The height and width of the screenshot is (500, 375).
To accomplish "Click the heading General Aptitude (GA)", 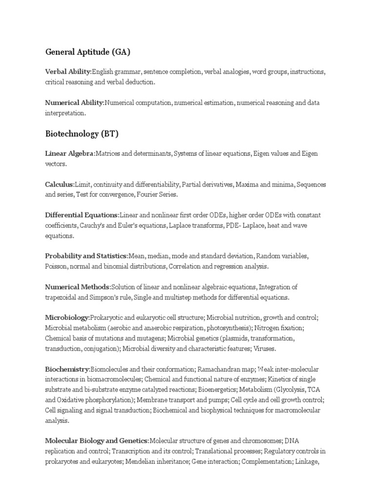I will pyautogui.click(x=88, y=51).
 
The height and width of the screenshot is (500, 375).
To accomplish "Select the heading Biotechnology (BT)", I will pyautogui.click(x=82, y=133).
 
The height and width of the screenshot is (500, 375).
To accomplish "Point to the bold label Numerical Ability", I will pyautogui.click(x=74, y=103).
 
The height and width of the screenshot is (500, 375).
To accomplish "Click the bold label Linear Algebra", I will pyautogui.click(x=69, y=154).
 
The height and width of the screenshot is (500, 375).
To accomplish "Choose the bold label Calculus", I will pyautogui.click(x=59, y=185).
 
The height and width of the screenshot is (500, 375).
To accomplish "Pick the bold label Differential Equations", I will pyautogui.click(x=82, y=215).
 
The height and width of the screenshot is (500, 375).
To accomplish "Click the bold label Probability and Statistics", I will pyautogui.click(x=86, y=256).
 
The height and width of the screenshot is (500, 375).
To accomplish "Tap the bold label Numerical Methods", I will pyautogui.click(x=77, y=287).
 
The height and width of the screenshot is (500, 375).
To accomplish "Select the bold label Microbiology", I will pyautogui.click(x=67, y=317).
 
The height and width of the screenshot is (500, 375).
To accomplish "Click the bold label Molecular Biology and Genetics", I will pyautogui.click(x=97, y=440).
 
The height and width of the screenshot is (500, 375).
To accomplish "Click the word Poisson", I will pyautogui.click(x=56, y=267).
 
